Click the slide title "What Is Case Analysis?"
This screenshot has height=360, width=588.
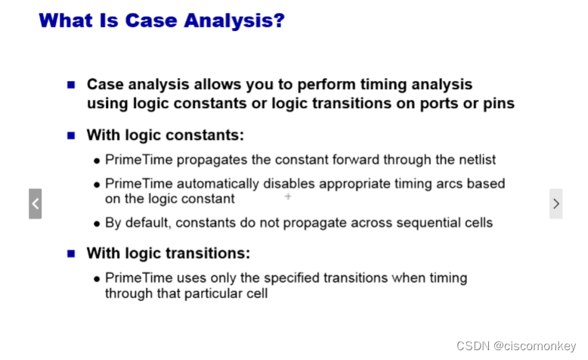pos(161,20)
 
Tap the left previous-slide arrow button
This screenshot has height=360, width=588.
pos(35,203)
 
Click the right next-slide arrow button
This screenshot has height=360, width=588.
pos(556,203)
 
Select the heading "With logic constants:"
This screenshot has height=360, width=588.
pos(166,135)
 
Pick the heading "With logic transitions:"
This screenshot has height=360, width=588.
pos(168,253)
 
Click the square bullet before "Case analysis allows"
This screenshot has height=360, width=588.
pos(72,85)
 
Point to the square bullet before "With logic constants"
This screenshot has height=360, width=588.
pos(72,136)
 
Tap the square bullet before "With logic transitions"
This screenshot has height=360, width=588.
pos(72,253)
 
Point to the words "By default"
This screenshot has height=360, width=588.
pos(137,223)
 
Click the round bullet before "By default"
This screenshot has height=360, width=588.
pos(97,224)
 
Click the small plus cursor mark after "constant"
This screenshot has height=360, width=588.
pos(288,197)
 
